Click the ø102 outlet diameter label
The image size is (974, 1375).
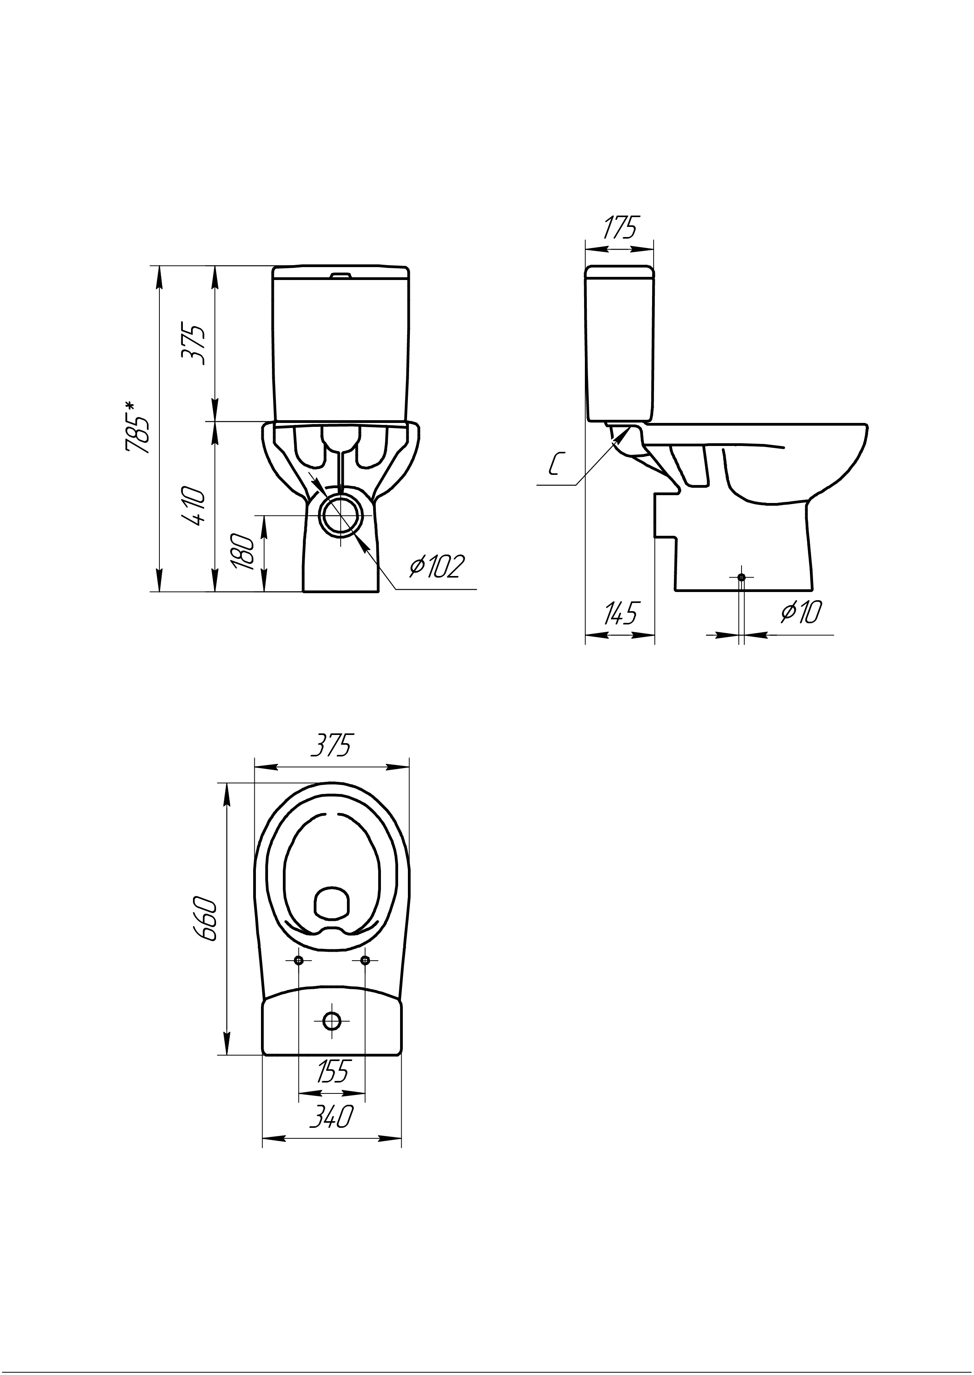click(x=437, y=566)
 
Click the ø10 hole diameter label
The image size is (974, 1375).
click(x=801, y=613)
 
